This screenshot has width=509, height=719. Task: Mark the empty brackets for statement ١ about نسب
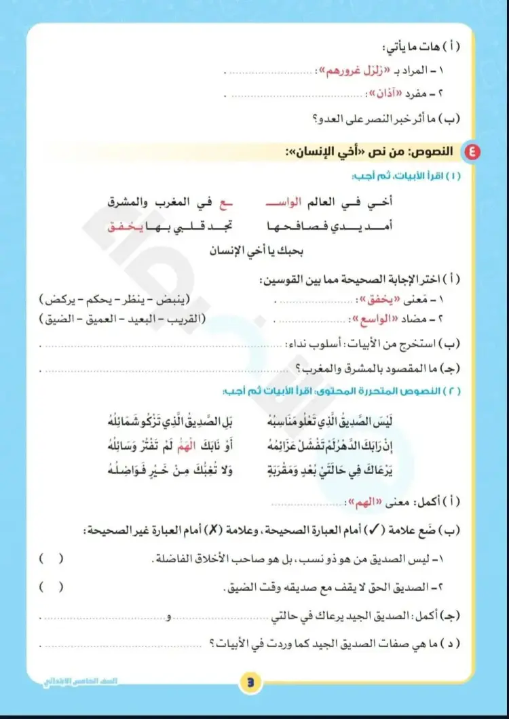[52, 559]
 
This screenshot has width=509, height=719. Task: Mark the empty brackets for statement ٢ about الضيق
[52, 587]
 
